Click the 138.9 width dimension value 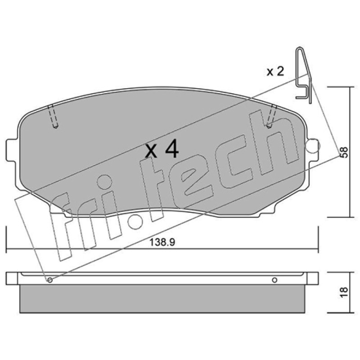coord(162,242)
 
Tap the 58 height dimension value coord(344,152)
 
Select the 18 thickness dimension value coord(344,292)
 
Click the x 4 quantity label coord(162,149)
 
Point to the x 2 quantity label coord(275,71)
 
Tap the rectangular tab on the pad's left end coord(12,150)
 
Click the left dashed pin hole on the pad coord(53,116)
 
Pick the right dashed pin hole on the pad coord(272,116)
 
